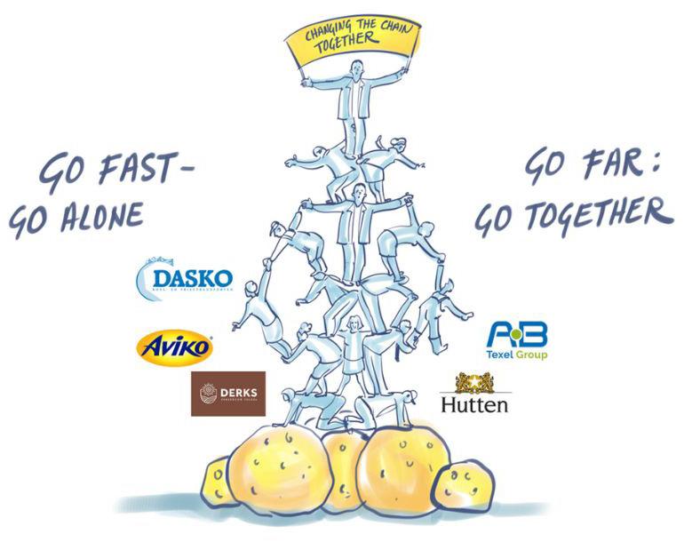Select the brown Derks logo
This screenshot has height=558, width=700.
pos(227,394)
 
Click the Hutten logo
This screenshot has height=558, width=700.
pos(475,395)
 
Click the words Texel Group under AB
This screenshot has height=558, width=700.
pos(516,355)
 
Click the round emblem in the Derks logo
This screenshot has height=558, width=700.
pos(210,394)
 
